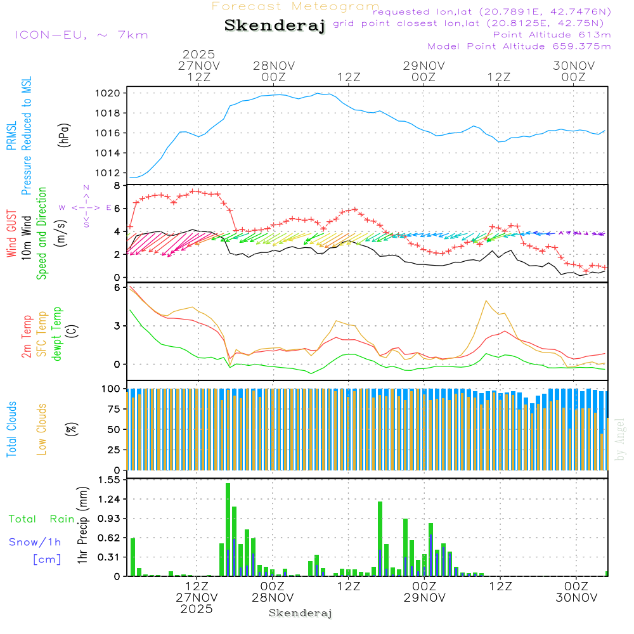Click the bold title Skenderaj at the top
[275, 26]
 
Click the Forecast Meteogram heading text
[295, 7]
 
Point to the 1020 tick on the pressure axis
[107, 93]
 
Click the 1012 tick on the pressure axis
[107, 172]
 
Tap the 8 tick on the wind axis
[117, 186]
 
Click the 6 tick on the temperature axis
[117, 287]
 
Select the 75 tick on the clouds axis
[112, 409]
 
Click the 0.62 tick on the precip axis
[109, 538]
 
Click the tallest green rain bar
[228, 529]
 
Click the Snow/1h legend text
[35, 542]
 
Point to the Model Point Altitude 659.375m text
[519, 46]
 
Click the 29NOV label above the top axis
[424, 65]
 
